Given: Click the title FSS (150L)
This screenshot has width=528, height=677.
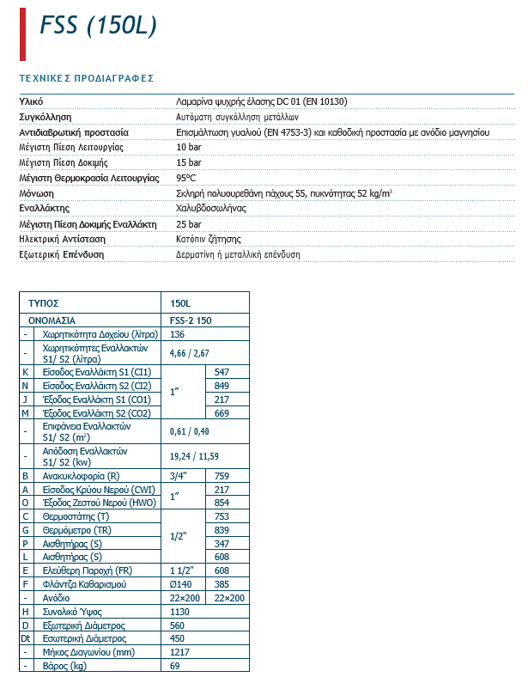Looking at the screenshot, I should pyautogui.click(x=99, y=27).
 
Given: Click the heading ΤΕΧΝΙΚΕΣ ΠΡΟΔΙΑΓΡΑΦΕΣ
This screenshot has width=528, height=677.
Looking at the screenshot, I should pyautogui.click(x=86, y=78).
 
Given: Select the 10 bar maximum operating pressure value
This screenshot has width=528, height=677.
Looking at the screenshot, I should pyautogui.click(x=189, y=147).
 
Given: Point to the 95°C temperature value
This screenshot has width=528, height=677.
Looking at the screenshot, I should pyautogui.click(x=186, y=178).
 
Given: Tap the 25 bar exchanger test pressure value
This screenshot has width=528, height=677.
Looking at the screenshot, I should pyautogui.click(x=189, y=223).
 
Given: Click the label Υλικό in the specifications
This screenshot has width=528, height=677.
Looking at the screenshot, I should pyautogui.click(x=31, y=101).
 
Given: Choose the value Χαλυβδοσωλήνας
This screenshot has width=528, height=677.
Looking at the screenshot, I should pyautogui.click(x=211, y=208).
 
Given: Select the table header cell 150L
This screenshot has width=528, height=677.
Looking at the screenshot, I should pyautogui.click(x=180, y=303).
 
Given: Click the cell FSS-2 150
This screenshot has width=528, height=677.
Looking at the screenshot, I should pyautogui.click(x=191, y=319).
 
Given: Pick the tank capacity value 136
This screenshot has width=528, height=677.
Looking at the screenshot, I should pyautogui.click(x=178, y=333).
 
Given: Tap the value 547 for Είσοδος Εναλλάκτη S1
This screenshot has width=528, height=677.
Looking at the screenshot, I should pyautogui.click(x=222, y=372).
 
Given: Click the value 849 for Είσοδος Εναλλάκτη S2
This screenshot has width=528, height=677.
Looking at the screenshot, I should pyautogui.click(x=222, y=386).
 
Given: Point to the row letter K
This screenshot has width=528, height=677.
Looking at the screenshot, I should pyautogui.click(x=26, y=372).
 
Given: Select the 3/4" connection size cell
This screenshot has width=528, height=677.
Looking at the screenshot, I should pyautogui.click(x=180, y=475).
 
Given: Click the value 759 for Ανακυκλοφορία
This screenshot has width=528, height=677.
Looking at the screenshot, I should pyautogui.click(x=222, y=475).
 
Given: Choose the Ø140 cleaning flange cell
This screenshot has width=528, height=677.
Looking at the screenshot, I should pyautogui.click(x=182, y=583).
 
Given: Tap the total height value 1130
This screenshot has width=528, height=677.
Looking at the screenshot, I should pyautogui.click(x=179, y=611).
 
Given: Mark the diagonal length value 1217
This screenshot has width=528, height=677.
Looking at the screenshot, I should pyautogui.click(x=179, y=652).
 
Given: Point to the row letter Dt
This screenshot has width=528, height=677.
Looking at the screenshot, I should pyautogui.click(x=26, y=638).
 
